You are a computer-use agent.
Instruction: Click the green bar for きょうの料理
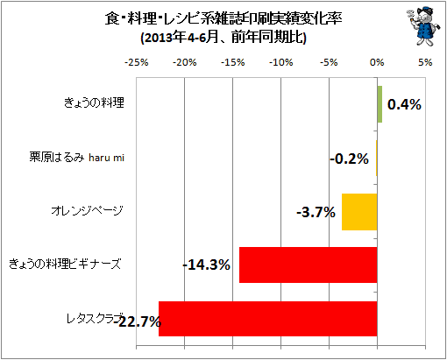380,104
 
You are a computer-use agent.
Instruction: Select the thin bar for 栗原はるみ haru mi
376,158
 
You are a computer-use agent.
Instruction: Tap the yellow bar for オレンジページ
359,212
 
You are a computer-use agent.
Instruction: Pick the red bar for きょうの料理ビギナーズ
309,265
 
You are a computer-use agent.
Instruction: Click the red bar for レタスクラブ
268,319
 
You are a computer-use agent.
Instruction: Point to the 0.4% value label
404,104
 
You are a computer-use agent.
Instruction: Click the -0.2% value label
349,159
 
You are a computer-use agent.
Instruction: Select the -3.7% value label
316,212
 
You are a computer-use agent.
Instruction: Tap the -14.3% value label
207,265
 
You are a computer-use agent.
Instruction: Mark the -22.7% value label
138,322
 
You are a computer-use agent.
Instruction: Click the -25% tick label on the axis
137,62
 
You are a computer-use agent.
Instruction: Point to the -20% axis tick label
185,62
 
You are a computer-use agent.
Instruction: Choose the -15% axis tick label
233,62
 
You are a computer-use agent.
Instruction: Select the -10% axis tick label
281,62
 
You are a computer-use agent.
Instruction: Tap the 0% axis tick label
377,62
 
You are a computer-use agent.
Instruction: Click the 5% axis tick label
425,62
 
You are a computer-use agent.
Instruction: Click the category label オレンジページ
88,210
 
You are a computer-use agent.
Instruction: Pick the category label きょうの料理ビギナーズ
65,264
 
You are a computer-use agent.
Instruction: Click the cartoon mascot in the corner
422,27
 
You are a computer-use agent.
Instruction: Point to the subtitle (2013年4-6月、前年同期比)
223,38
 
